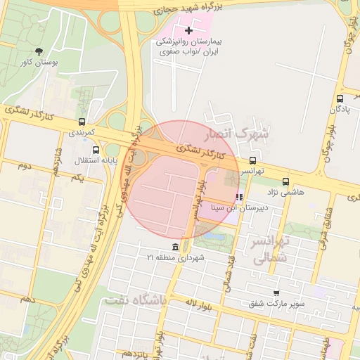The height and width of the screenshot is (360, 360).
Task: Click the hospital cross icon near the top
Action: click(188, 30)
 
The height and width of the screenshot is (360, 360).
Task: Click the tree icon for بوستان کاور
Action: click(39, 51)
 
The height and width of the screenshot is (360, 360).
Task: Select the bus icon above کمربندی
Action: click(83, 122)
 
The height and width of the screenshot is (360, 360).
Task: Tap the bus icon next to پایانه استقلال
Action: click(96, 149)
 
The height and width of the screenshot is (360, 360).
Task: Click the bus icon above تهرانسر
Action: click(252, 160)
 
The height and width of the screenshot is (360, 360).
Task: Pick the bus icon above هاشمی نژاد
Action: click(285, 181)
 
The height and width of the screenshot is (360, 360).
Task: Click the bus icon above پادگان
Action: click(340, 98)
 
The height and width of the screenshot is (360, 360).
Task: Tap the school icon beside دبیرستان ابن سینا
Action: click(239, 198)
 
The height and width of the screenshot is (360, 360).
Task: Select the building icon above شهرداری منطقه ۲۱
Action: click(175, 247)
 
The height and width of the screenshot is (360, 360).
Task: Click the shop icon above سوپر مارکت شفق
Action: click(276, 292)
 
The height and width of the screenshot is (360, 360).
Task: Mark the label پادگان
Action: click(337, 109)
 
